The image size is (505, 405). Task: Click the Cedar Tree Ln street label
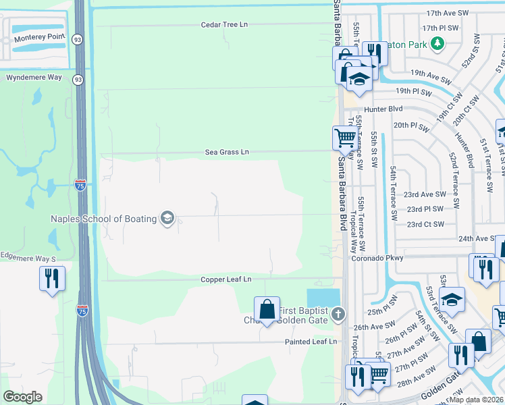224,24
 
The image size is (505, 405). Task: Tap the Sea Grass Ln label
227,153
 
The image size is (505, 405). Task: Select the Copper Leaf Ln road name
225,279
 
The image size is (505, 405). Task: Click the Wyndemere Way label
34,78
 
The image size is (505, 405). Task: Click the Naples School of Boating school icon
167,217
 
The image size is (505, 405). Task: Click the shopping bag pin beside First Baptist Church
267,309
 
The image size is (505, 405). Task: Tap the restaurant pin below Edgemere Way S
52,277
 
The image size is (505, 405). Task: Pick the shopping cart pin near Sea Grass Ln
345,138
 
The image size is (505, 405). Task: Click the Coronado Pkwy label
377,258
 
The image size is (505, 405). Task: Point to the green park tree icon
438,44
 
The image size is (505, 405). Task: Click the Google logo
23,397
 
